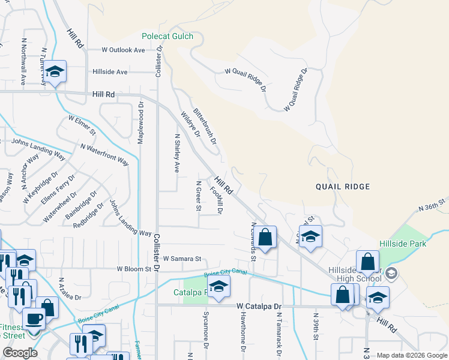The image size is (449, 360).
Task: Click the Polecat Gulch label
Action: click(167, 36)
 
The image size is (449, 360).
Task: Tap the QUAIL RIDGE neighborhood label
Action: click(342, 187)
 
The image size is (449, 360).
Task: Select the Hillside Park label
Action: click(403, 244)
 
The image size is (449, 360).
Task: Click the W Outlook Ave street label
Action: click(123, 50)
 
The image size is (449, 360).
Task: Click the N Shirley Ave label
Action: click(177, 153)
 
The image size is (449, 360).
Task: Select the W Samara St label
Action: click(181, 259)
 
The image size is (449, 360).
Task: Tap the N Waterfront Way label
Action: click(104, 155)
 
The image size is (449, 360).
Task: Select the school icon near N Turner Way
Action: click(55, 72)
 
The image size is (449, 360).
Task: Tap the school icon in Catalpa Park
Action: click(219, 287)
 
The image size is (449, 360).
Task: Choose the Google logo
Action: click(20, 353)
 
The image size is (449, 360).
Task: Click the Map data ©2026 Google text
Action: click(411, 355)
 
